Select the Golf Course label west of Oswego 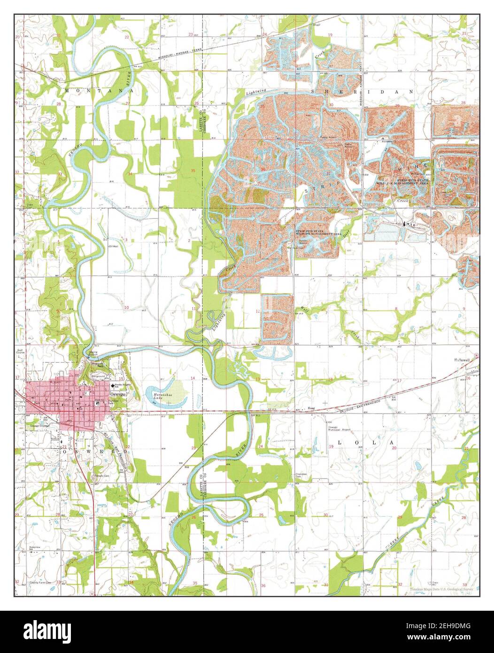(x=21, y=352)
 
